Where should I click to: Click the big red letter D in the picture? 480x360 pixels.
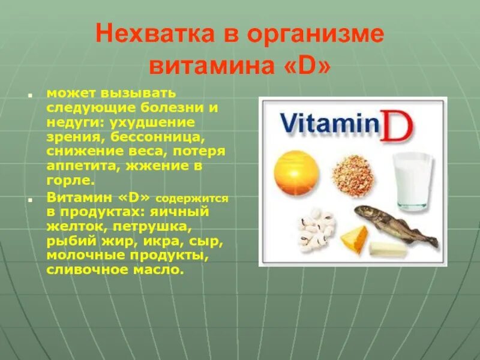pyautogui.click(x=398, y=124)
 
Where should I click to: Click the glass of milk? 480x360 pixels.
pyautogui.click(x=413, y=180)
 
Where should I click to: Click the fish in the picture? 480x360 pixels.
pyautogui.click(x=396, y=226)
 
